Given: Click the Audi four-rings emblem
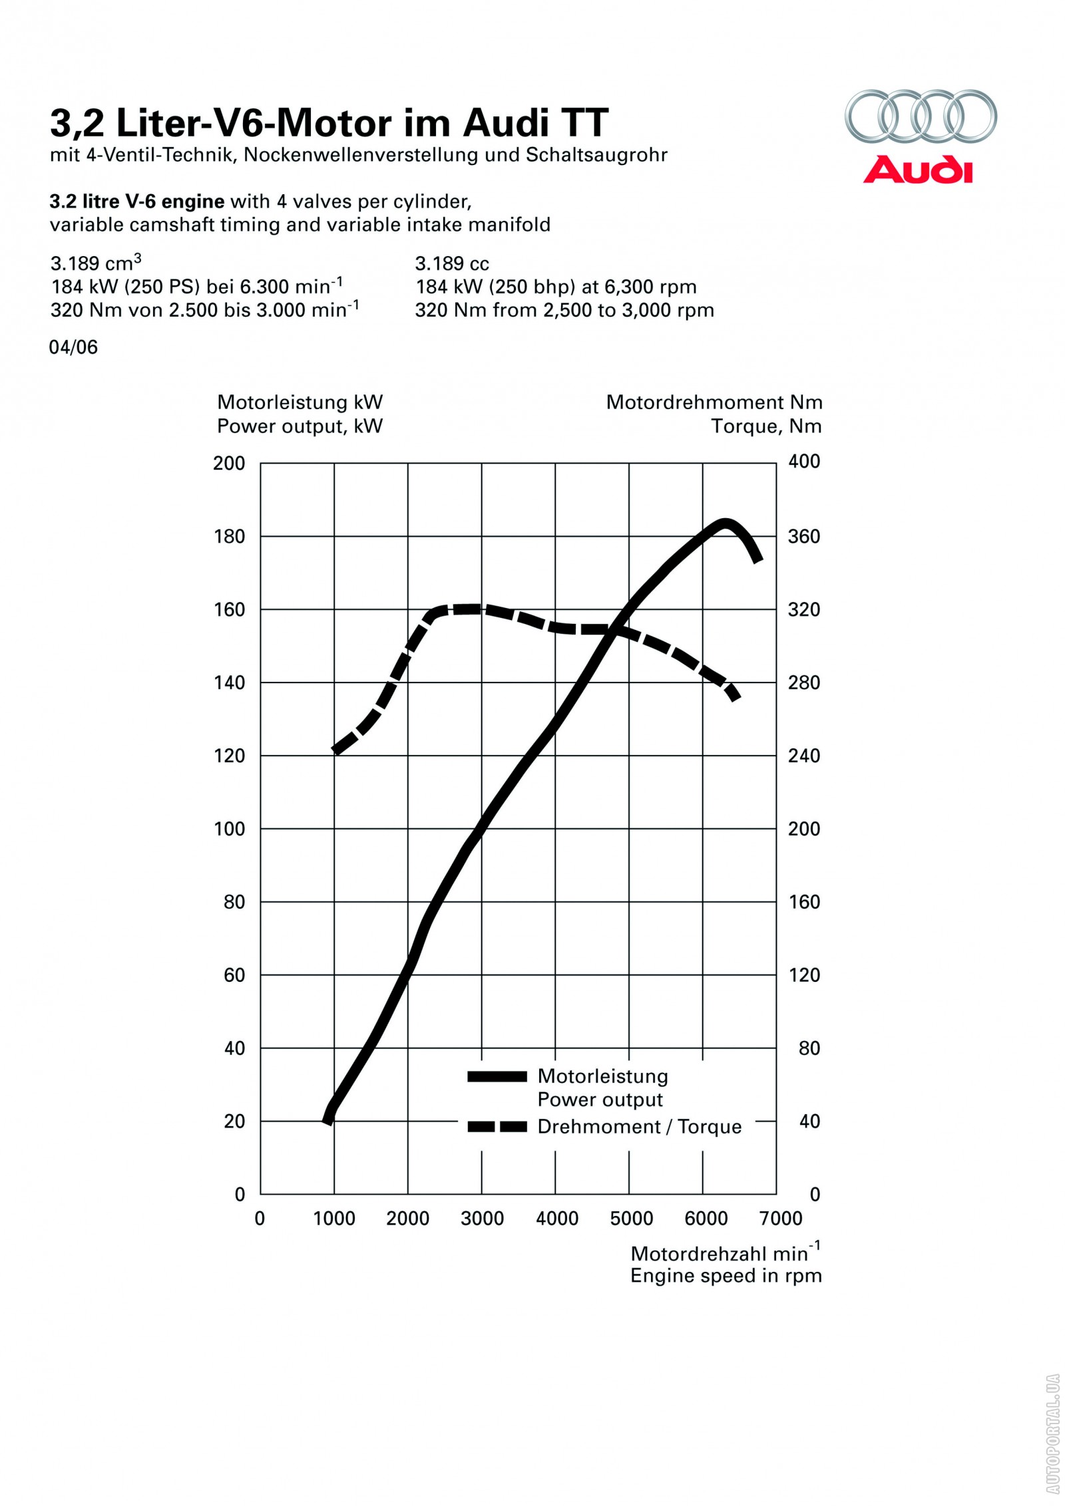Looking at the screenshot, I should click(x=921, y=116).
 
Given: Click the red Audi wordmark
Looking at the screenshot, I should click(x=918, y=170).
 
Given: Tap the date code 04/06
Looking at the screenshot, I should click(x=73, y=347).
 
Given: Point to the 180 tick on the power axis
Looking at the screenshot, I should click(x=230, y=536).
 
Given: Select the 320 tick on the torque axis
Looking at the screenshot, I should click(x=803, y=609).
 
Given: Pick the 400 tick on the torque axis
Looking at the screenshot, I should click(x=804, y=462).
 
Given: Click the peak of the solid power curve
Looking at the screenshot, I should click(x=724, y=523).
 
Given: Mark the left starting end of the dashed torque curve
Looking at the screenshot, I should click(x=336, y=751).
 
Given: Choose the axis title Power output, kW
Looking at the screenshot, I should click(x=300, y=426).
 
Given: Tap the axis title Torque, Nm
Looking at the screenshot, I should click(x=766, y=426).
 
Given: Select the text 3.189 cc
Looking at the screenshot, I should click(x=452, y=264).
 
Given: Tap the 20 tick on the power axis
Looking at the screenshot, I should click(x=234, y=1122).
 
